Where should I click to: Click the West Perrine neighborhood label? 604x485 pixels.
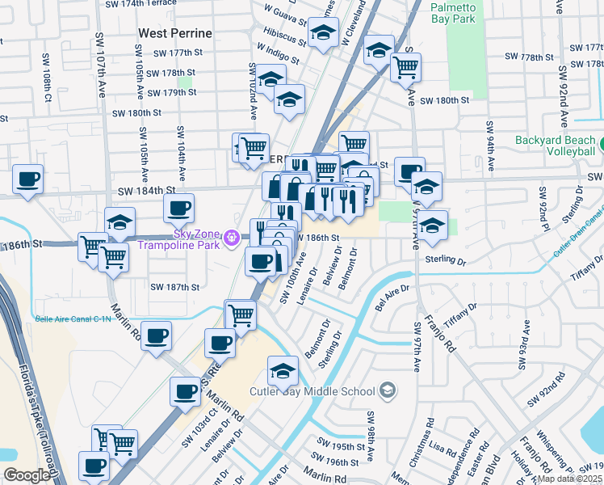[x=175, y=33]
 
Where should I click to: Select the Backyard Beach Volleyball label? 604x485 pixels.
[x=558, y=145]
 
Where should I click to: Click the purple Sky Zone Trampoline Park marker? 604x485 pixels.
[x=233, y=238]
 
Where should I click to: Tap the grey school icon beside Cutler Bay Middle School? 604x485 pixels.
[x=388, y=391]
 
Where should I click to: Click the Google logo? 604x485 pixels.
[x=27, y=475]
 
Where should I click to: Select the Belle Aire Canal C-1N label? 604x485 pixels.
[x=73, y=319]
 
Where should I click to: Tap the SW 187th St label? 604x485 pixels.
[x=175, y=287]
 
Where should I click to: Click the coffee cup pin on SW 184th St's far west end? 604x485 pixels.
[x=27, y=179]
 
